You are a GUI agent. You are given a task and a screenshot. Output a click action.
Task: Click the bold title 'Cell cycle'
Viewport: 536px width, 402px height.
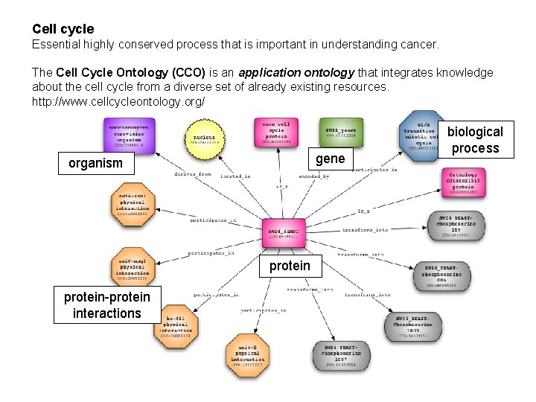(63, 29)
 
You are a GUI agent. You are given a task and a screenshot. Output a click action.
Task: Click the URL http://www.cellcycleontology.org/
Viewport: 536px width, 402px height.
(118, 100)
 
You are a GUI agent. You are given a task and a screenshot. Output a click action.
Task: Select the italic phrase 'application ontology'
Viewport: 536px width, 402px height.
(296, 72)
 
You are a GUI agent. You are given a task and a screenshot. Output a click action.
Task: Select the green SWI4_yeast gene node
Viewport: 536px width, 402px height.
(341, 132)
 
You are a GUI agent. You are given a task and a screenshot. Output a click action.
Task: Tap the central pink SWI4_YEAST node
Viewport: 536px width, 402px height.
(283, 234)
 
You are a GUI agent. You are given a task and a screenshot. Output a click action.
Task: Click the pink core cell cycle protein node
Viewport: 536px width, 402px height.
(277, 133)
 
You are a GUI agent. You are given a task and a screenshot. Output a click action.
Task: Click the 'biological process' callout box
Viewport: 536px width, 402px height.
(476, 140)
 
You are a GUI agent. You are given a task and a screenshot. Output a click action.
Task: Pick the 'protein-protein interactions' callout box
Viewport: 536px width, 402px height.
(107, 305)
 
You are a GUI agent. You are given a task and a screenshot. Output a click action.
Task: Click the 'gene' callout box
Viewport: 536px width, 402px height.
(330, 159)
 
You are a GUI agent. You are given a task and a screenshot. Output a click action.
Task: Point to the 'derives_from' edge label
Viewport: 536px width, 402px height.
(193, 174)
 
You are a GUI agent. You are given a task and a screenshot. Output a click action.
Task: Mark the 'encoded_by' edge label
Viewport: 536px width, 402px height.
(313, 176)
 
